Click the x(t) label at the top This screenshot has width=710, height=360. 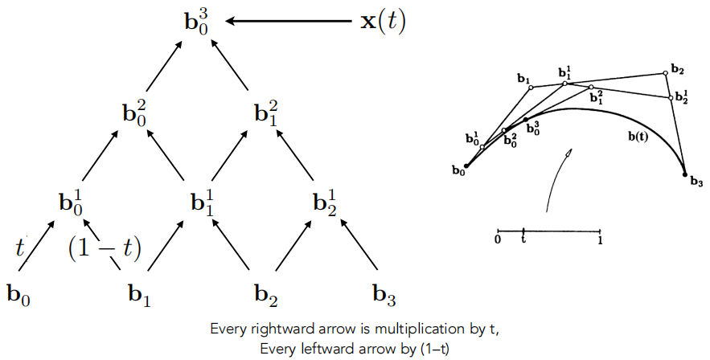coord(382,21)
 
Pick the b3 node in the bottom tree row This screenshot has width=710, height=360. coord(384,295)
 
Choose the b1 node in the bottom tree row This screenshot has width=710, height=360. coord(139,295)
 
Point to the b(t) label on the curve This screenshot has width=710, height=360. coord(640,137)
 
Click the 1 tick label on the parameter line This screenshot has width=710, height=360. coord(600,239)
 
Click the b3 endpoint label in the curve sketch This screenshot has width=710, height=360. coord(696,184)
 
